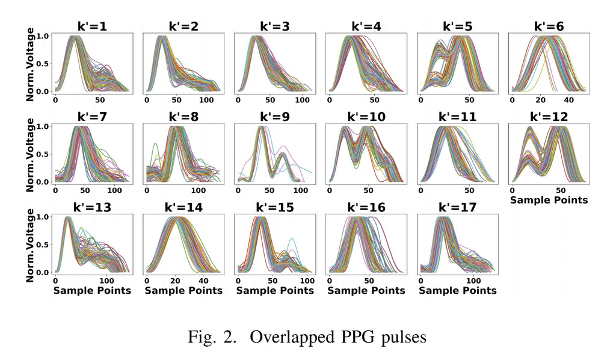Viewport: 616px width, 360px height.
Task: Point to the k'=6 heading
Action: coord(548,26)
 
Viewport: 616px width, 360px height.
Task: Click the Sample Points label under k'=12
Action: coord(549,199)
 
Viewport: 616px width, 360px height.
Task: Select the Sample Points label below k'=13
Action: coord(92,290)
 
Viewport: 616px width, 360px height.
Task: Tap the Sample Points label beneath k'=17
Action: coord(457,290)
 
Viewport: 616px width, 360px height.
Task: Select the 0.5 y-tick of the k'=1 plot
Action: coord(43,64)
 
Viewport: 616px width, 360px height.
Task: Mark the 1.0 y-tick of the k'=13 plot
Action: coord(43,217)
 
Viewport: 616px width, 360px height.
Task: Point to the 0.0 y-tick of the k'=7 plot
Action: coord(43,182)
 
